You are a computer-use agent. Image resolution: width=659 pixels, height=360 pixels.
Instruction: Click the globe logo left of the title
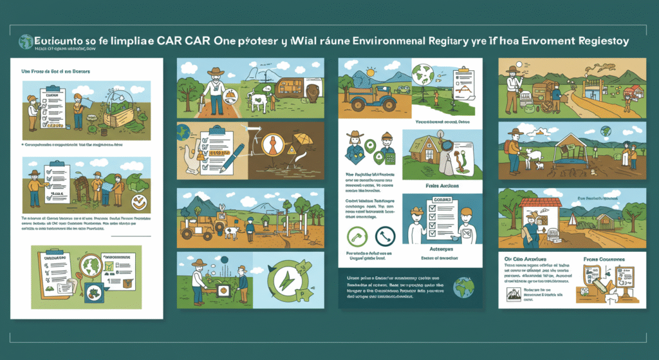(26, 41)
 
